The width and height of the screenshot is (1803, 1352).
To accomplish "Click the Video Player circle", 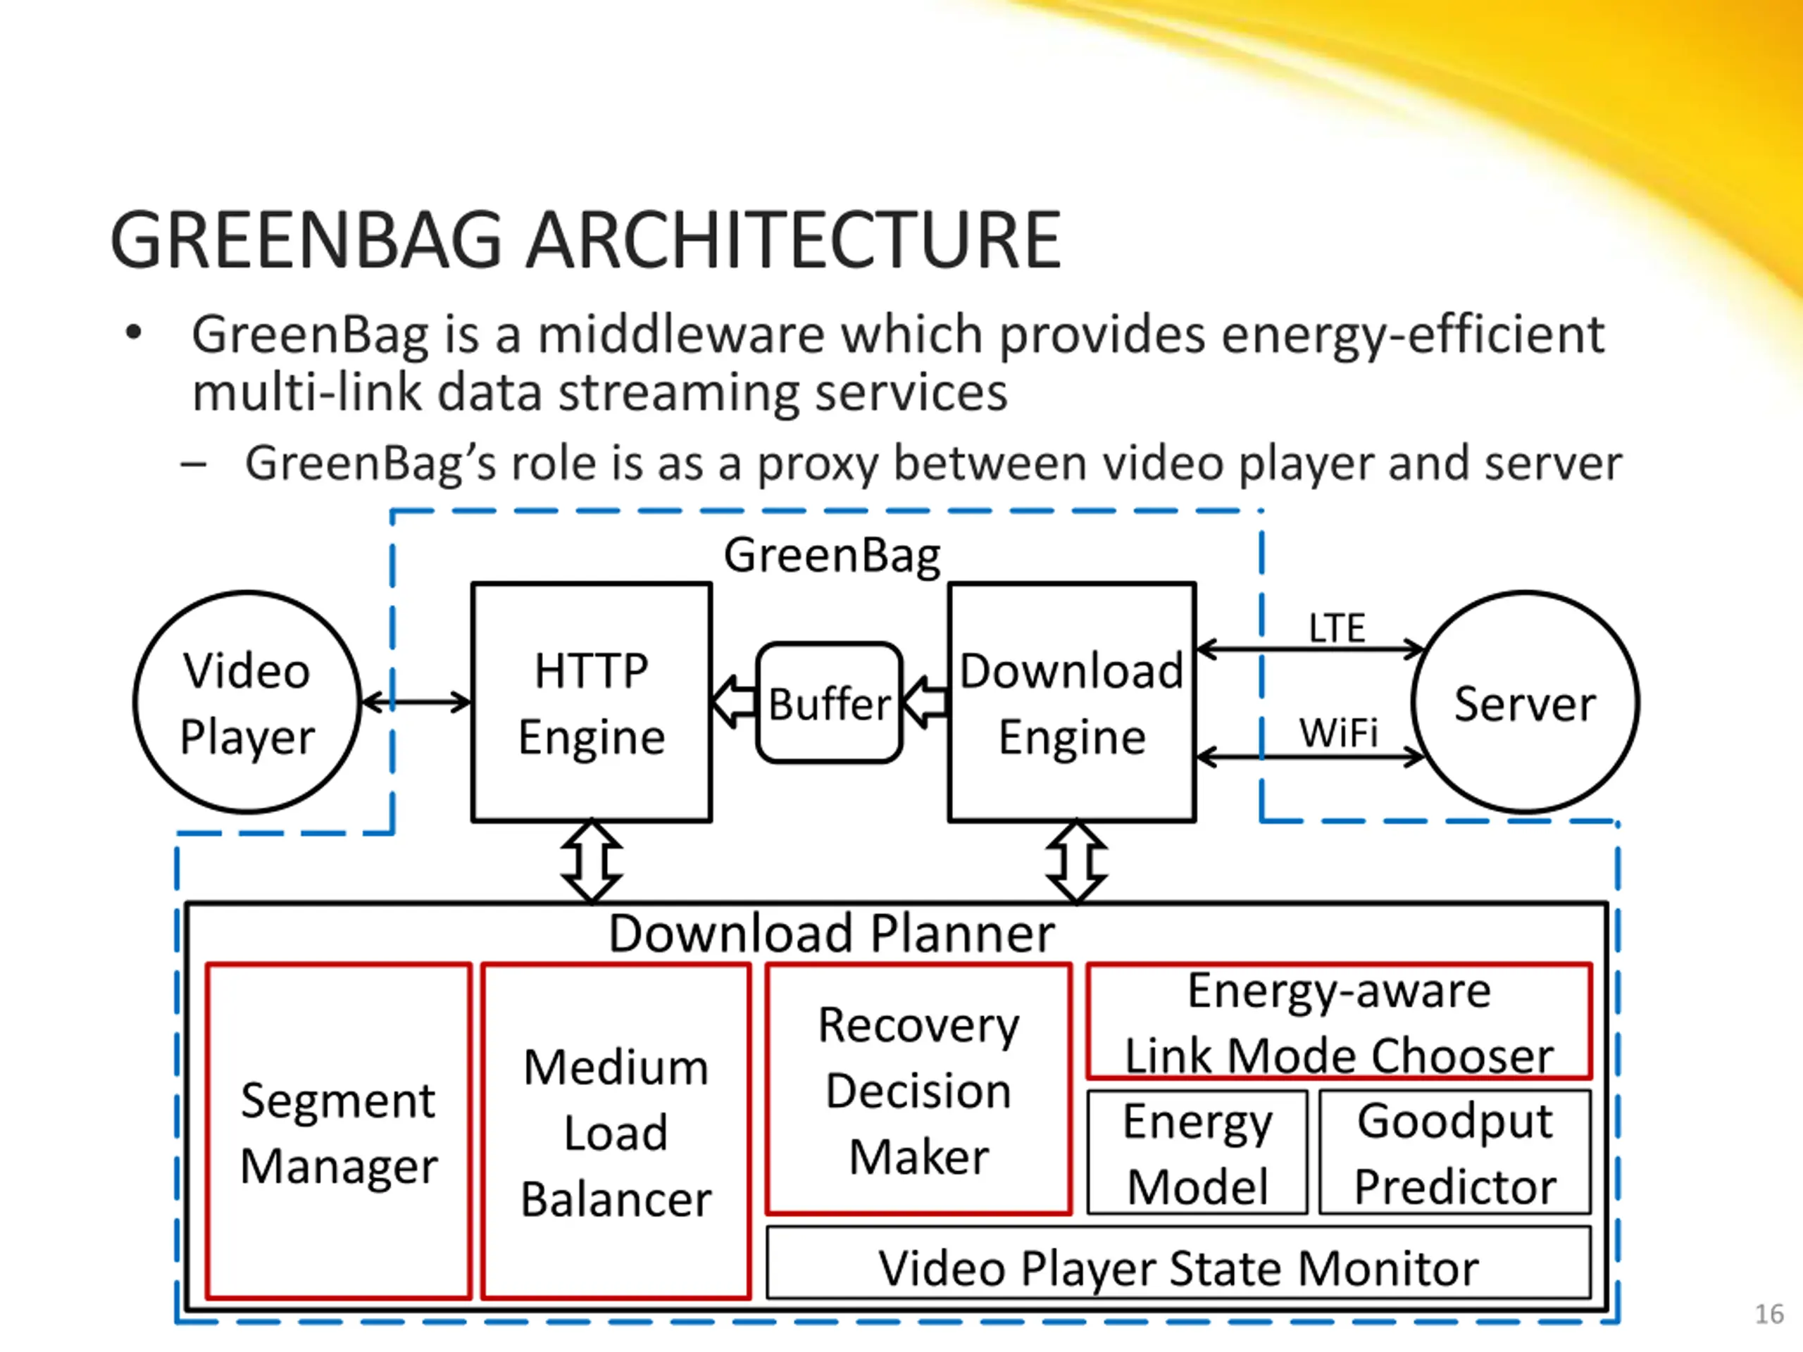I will point(247,703).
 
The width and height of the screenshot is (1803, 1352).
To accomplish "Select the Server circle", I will point(1524,703).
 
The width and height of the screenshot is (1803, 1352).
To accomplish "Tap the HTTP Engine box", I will point(592,703).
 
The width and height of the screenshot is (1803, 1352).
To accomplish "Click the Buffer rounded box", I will point(829,703).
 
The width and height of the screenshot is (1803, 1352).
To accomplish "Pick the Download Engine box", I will point(1072,703).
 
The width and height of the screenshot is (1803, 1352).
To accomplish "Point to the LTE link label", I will point(1337,628).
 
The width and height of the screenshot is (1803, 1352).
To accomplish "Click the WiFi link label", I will point(1338,732).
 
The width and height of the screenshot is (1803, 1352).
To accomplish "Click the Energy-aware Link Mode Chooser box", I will point(1338,1021).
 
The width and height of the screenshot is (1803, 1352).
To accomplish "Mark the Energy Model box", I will point(1197,1152).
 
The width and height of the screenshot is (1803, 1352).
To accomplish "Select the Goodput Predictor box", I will point(1455,1152).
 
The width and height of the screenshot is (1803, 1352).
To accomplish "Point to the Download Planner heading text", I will point(831,933).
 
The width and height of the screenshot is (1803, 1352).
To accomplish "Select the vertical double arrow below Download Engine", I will point(1076,861).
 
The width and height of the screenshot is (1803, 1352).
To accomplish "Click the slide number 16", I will point(1768,1314).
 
